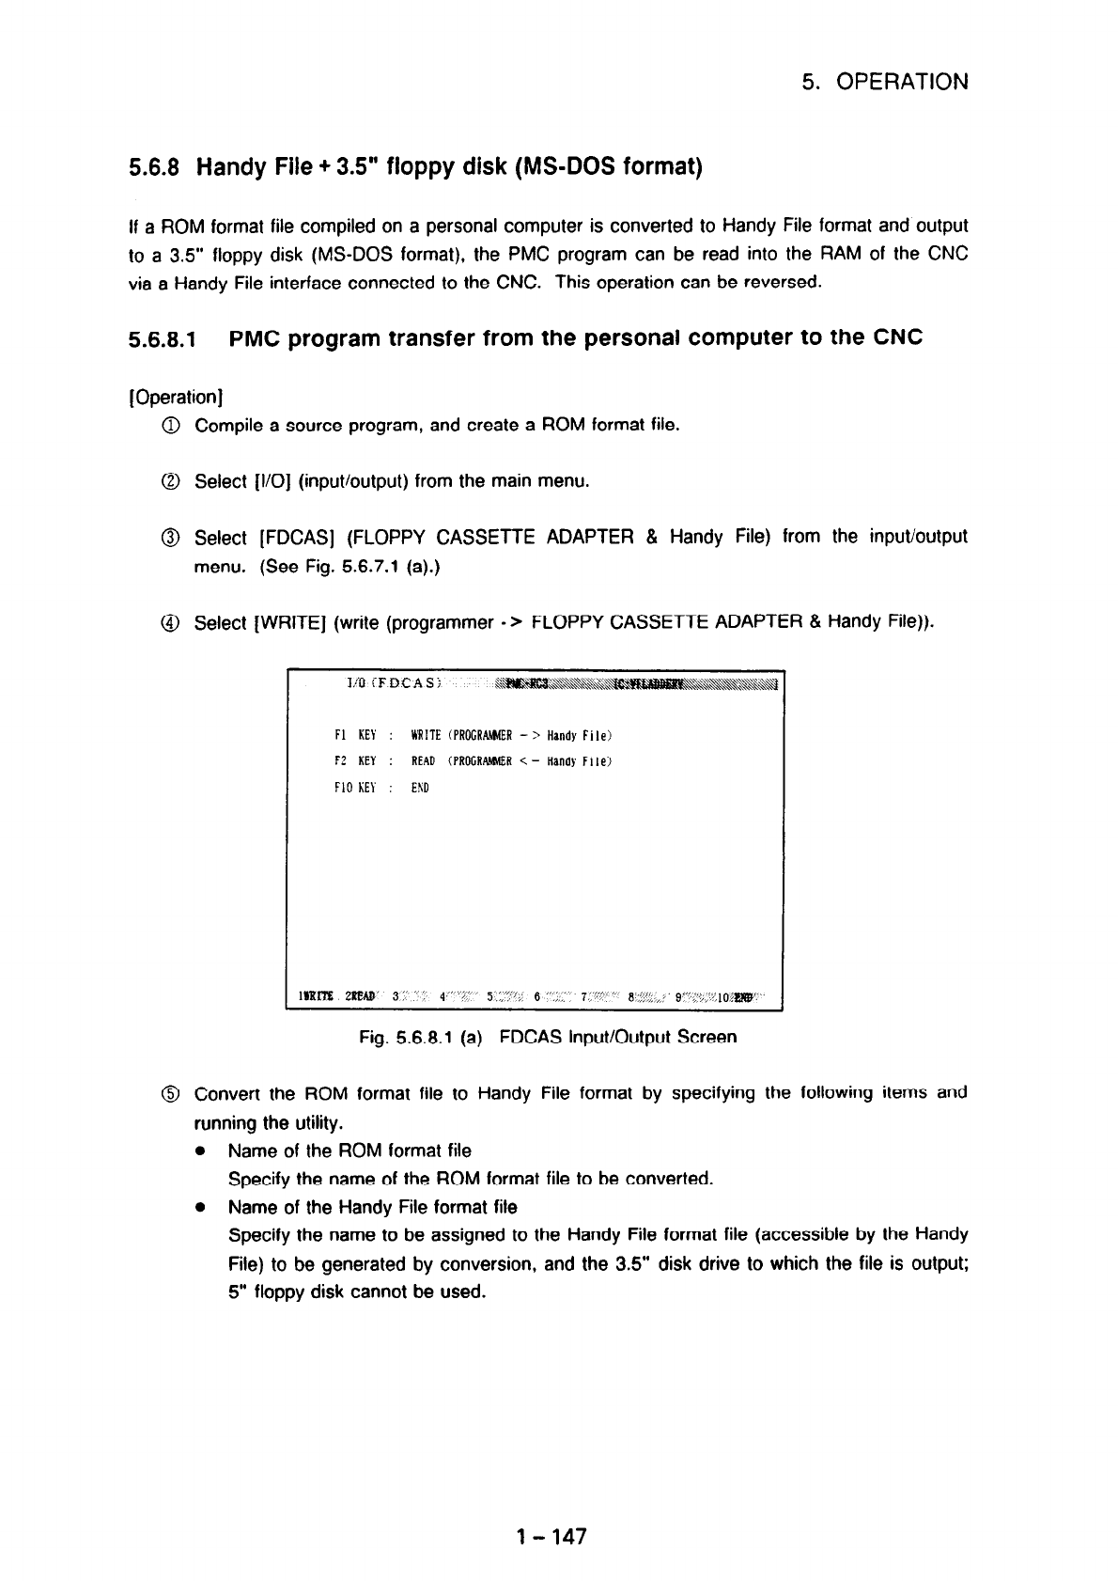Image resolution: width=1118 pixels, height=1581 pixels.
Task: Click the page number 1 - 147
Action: (551, 1537)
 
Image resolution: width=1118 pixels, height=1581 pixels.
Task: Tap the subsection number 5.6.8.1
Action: (163, 338)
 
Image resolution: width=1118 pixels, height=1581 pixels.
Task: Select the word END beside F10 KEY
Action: (420, 788)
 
